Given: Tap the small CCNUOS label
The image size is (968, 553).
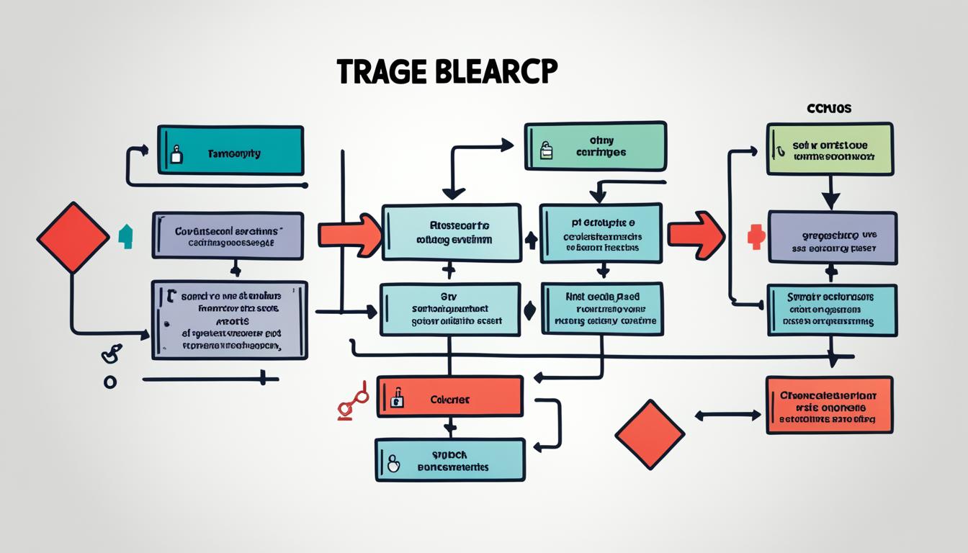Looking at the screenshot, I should coord(828,109).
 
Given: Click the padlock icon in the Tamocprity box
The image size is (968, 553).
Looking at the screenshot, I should coord(176,154).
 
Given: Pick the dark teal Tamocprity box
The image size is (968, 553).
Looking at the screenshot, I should coord(230,150).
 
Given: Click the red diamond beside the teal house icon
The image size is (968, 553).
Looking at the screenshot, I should coord(73,238).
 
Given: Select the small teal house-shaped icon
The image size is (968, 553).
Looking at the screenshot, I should coord(125,236).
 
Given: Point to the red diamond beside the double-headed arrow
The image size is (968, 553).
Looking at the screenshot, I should coord(650,433).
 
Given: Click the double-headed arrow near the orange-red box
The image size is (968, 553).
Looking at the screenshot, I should coord(728,415).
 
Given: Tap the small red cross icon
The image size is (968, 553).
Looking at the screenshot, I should coord(755,237).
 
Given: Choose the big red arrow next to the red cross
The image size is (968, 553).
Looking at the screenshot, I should coord(696,235).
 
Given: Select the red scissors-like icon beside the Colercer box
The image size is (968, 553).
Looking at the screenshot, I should coord(353,401).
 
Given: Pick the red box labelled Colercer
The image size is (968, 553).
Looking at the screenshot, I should coord(449,396).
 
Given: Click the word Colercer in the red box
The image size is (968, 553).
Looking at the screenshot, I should coord(449,399).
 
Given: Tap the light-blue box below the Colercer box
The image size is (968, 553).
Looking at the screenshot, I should coord(449,460).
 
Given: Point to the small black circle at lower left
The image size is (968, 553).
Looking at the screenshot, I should coord(110,382).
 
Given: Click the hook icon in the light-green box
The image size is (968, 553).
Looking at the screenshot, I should coord(780,150).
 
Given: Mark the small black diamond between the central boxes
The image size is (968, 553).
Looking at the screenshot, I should coord(530,310).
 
